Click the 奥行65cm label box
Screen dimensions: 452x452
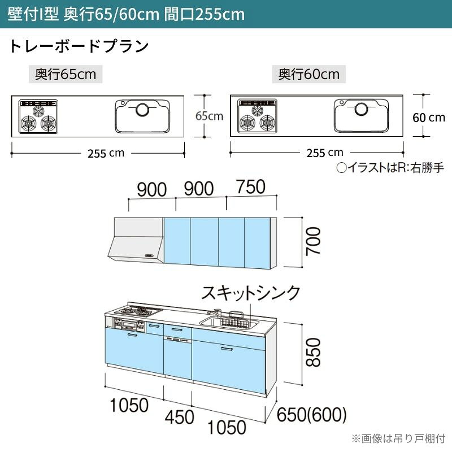[x=66, y=75]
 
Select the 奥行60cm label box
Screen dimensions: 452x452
[x=308, y=75]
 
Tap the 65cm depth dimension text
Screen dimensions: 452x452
[x=209, y=116]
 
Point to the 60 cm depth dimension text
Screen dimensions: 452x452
[x=429, y=118]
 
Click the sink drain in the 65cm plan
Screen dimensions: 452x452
[x=142, y=110]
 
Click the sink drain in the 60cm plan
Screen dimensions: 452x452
[x=362, y=109]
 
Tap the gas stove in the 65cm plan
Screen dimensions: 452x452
[x=38, y=116]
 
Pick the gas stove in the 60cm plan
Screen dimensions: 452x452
[x=258, y=116]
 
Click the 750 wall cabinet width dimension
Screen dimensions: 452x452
[x=251, y=186]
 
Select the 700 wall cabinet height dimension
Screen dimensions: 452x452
[x=313, y=241]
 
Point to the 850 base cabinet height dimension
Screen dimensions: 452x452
[x=313, y=352]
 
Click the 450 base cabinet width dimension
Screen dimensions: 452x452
[x=179, y=417]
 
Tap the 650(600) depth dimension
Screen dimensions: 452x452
[x=312, y=415]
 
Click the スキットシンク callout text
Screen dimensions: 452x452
[x=250, y=293]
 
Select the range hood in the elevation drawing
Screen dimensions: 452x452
[x=136, y=240]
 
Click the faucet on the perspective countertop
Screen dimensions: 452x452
[x=215, y=313]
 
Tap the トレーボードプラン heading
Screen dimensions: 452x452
[x=79, y=46]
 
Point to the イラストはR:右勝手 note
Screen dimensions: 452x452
[x=390, y=167]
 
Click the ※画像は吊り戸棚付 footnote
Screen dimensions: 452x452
[x=398, y=438]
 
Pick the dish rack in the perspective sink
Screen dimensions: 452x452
[x=234, y=320]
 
